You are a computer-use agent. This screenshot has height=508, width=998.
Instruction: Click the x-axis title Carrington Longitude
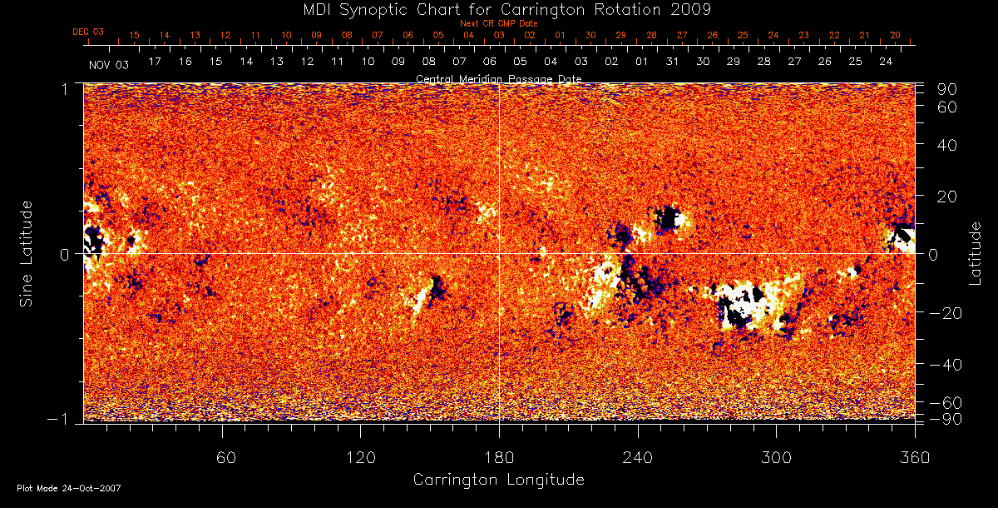498,480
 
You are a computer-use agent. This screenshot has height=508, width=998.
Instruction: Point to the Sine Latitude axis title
27,253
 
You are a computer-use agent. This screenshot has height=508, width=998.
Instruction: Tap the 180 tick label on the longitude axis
499,456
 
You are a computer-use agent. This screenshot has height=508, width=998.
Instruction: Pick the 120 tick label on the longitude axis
360,456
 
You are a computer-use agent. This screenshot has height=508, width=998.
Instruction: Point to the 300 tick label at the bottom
776,456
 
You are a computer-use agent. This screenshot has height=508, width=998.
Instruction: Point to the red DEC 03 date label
88,32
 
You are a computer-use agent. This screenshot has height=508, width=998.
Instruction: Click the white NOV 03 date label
109,63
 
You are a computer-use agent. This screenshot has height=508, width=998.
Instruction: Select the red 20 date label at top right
895,35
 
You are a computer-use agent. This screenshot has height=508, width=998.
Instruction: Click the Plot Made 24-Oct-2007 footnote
69,488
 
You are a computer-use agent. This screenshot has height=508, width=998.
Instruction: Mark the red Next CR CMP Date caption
499,23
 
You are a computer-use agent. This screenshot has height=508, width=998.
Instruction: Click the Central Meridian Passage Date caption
499,78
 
